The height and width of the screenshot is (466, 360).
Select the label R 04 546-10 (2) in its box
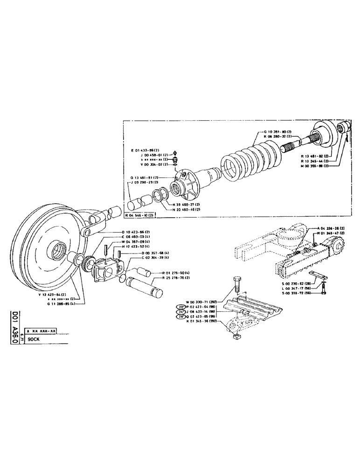point(140,215)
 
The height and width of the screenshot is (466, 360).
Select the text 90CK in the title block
point(34,340)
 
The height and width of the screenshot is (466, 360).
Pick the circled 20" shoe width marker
point(181,307)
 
